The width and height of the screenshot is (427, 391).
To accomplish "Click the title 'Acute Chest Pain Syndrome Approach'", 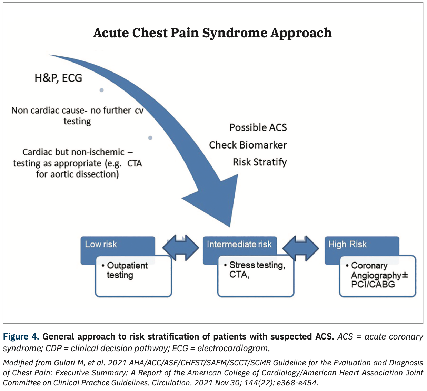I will pyautogui.click(x=212, y=33).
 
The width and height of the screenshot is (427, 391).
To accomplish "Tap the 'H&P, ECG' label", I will pyautogui.click(x=58, y=78).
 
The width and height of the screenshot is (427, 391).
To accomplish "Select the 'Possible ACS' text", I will pyautogui.click(x=258, y=127).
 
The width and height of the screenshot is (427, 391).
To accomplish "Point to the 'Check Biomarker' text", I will pyautogui.click(x=248, y=145).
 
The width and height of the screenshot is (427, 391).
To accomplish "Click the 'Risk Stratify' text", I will pyautogui.click(x=259, y=162).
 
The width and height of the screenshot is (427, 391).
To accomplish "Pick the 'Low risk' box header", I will pyautogui.click(x=101, y=244).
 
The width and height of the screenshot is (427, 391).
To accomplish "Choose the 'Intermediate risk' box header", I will pyautogui.click(x=239, y=244).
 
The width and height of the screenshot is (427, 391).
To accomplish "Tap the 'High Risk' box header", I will pyautogui.click(x=347, y=244).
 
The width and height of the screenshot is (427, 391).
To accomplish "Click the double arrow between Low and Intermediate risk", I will pyautogui.click(x=180, y=248).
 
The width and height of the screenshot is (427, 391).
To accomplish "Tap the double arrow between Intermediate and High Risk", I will pyautogui.click(x=301, y=248).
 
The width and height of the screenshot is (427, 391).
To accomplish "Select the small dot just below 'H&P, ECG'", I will pyautogui.click(x=101, y=90).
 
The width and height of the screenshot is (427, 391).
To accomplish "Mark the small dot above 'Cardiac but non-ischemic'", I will pyautogui.click(x=150, y=138).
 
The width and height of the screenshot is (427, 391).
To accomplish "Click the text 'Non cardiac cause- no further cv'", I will pyautogui.click(x=77, y=111).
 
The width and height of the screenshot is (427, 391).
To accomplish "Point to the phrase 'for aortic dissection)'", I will pyautogui.click(x=77, y=174).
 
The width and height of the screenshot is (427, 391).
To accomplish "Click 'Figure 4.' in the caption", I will pyautogui.click(x=21, y=336).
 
